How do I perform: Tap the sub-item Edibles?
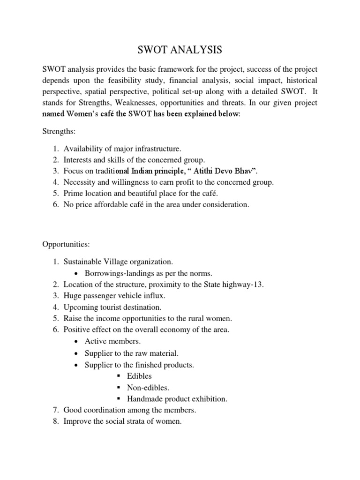[x=139, y=376]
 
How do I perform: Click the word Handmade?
[x=144, y=399]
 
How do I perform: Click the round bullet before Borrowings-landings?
[x=76, y=273]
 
